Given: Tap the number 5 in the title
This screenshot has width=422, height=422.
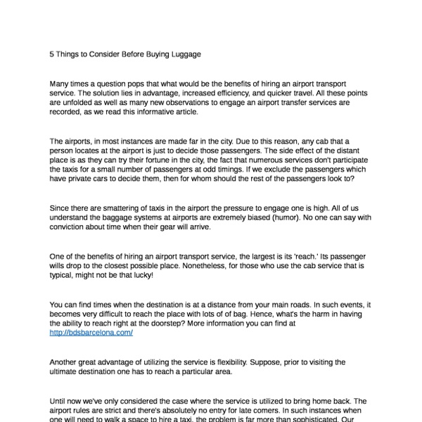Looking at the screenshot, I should pos(52,53).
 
